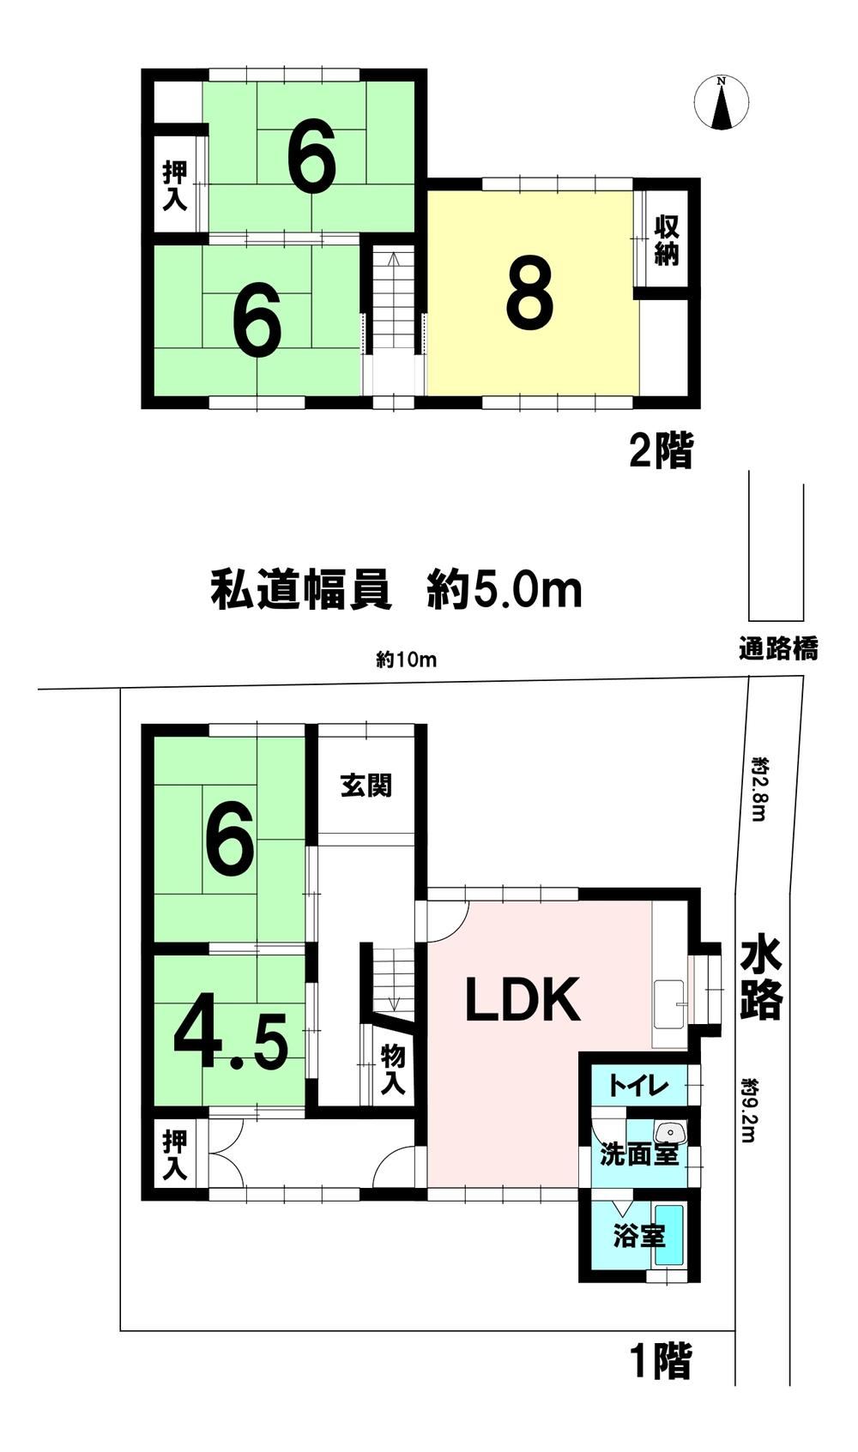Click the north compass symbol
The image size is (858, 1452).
[722, 102]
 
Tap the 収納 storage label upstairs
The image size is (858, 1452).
[666, 240]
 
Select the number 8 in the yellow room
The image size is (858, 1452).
[530, 296]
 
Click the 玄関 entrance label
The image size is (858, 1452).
[366, 786]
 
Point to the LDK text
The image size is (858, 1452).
[523, 1000]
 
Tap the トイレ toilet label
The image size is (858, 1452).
[638, 1085]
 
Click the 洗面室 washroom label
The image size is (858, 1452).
[639, 1154]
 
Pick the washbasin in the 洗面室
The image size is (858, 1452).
[669, 1131]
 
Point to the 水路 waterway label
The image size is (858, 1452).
[761, 980]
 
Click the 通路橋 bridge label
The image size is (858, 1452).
[778, 648]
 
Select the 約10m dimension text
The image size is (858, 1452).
[407, 660]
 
